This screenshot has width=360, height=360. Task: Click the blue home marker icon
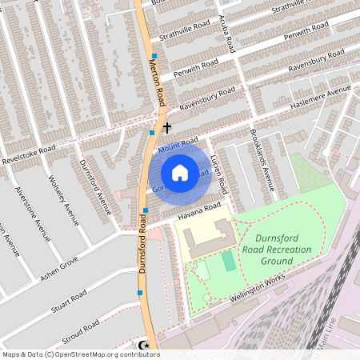click(180, 172)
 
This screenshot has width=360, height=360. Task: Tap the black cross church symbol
click(167, 127)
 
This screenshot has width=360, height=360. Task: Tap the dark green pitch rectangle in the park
click(230, 261)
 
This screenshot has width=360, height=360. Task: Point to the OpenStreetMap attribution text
click(80, 354)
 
